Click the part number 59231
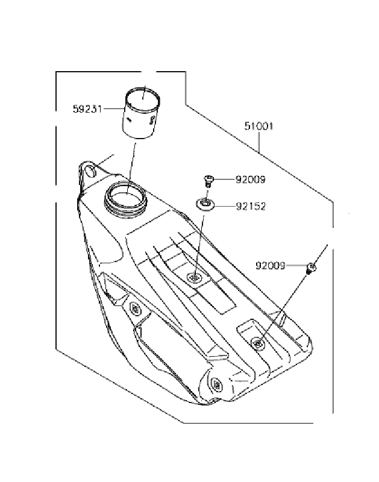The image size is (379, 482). pyautogui.click(x=87, y=110)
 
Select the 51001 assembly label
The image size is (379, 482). pyautogui.click(x=259, y=127)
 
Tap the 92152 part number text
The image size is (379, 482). pyautogui.click(x=251, y=206)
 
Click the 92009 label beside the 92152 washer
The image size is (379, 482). pyautogui.click(x=251, y=180)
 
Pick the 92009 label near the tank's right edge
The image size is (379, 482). pyautogui.click(x=271, y=265)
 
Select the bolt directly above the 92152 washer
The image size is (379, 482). pyautogui.click(x=208, y=179)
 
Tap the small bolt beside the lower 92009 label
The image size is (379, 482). pyautogui.click(x=312, y=267)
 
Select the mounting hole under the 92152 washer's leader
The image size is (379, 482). pyautogui.click(x=195, y=278)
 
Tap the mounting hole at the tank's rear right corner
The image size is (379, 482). pyautogui.click(x=258, y=343)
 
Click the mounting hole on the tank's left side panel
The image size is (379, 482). pyautogui.click(x=134, y=308)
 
